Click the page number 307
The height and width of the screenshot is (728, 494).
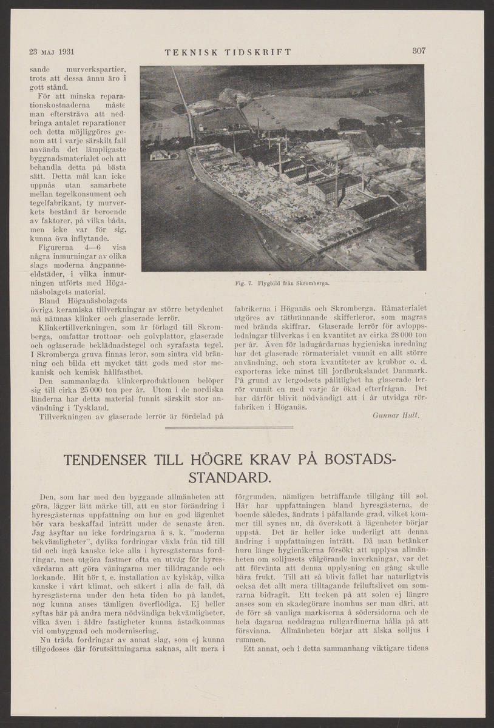pos(419,51)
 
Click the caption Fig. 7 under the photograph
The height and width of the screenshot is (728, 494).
pos(282,283)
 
